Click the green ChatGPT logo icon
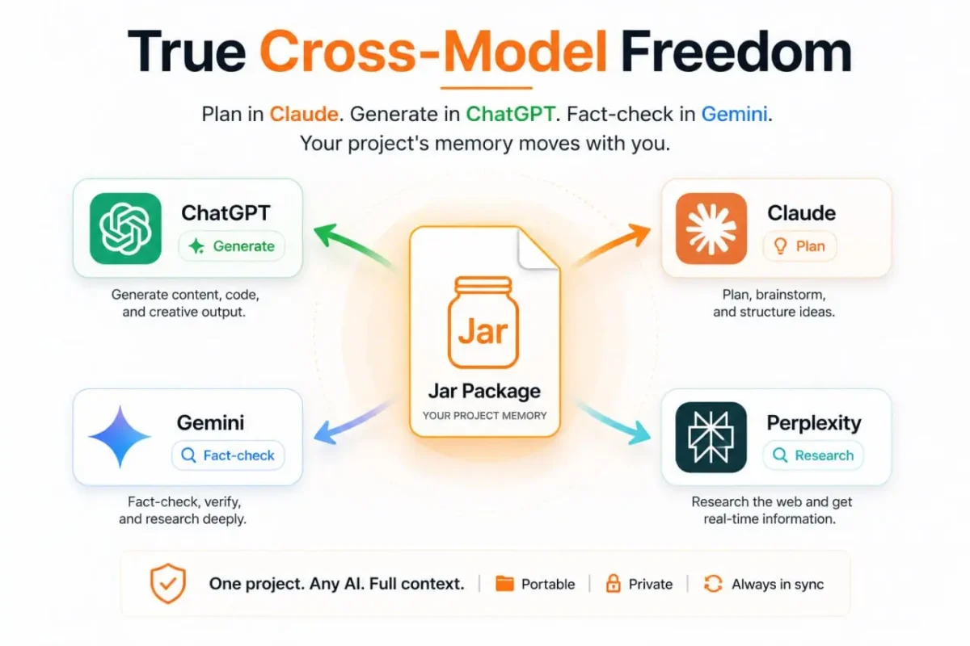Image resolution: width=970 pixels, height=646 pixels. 125,229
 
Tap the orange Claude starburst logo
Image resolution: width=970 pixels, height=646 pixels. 711,229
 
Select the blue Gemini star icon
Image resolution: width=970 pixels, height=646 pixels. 120,437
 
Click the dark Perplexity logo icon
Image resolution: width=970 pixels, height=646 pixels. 711,437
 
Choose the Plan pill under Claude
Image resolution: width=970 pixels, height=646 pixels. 799,246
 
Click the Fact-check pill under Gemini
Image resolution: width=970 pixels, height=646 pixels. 228,455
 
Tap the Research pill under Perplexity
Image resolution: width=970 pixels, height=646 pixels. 813,455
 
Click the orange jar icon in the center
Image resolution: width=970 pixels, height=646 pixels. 483,322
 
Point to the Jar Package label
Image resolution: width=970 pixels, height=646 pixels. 484,391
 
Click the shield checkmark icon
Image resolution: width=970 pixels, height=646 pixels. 168,583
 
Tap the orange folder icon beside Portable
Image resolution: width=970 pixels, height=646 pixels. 504,584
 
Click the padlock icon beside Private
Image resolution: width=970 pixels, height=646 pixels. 613,583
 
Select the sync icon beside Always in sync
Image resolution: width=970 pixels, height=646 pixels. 713,584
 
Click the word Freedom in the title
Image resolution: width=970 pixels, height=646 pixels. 736,52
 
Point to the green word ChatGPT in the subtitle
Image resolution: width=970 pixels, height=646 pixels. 510,114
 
